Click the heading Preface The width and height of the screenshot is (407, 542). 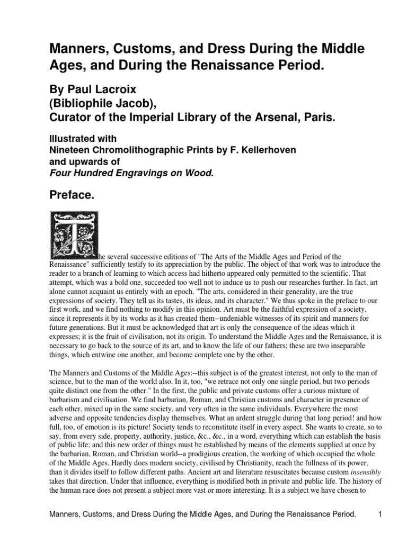coord(72,196)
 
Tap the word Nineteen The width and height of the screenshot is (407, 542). coord(68,150)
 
